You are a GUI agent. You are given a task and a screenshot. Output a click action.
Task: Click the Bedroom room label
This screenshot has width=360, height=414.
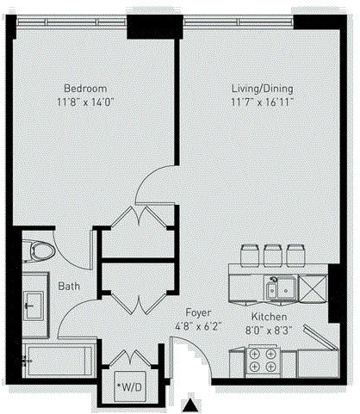pyautogui.click(x=85, y=88)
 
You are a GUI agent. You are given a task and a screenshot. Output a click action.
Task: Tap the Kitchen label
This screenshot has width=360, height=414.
pyautogui.click(x=262, y=316)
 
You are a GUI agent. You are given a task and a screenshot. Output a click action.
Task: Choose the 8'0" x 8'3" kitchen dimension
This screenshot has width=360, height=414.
pyautogui.click(x=262, y=329)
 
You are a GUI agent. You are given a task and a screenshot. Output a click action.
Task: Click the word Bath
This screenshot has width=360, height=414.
pyautogui.click(x=69, y=287)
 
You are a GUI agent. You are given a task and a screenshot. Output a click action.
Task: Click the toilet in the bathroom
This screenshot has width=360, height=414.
pyautogui.click(x=37, y=251)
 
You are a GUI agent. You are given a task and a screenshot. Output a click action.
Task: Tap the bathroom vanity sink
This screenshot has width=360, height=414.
pyautogui.click(x=34, y=304)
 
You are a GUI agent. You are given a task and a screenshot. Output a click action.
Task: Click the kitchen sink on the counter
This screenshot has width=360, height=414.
pyautogui.click(x=281, y=289)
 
